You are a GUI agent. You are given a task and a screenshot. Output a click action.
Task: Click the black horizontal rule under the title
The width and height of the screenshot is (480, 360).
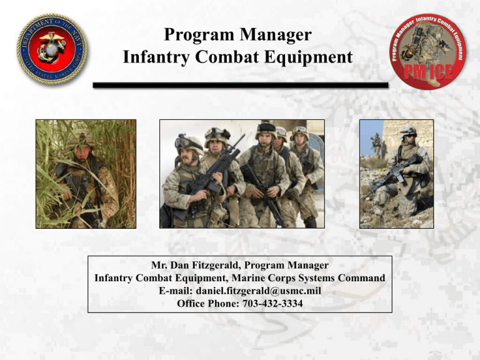pos(240,84)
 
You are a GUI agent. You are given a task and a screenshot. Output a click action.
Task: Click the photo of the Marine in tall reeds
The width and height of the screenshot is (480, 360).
pos(86,174)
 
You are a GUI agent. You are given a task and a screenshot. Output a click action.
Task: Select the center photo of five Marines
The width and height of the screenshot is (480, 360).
pos(242,174)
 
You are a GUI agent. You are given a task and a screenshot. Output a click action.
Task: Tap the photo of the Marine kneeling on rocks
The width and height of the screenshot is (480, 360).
pos(396,174)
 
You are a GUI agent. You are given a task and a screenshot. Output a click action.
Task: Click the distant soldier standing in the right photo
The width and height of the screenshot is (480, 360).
pos(376,143)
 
